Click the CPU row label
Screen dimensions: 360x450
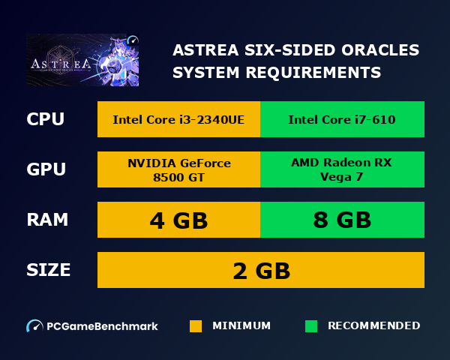coord(45,120)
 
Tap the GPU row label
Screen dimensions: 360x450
coord(46,169)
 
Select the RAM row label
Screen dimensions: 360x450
coord(47,220)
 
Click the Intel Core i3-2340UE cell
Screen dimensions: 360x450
coord(178,120)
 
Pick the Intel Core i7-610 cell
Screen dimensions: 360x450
coord(342,120)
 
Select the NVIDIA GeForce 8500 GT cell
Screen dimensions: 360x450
coord(178,169)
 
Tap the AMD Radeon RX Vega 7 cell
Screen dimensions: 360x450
coord(342,169)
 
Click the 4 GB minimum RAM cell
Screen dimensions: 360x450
coord(178,220)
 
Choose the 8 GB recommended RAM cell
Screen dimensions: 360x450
coord(342,220)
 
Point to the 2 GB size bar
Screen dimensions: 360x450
coord(261,270)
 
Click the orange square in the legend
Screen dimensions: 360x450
coord(196,326)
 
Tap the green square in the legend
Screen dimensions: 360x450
coord(311,326)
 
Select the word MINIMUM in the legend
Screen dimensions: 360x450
coord(241,326)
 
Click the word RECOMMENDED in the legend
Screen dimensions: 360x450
coord(373,326)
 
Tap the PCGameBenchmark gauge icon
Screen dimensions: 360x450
coord(34,326)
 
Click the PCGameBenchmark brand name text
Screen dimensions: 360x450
coord(102,326)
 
